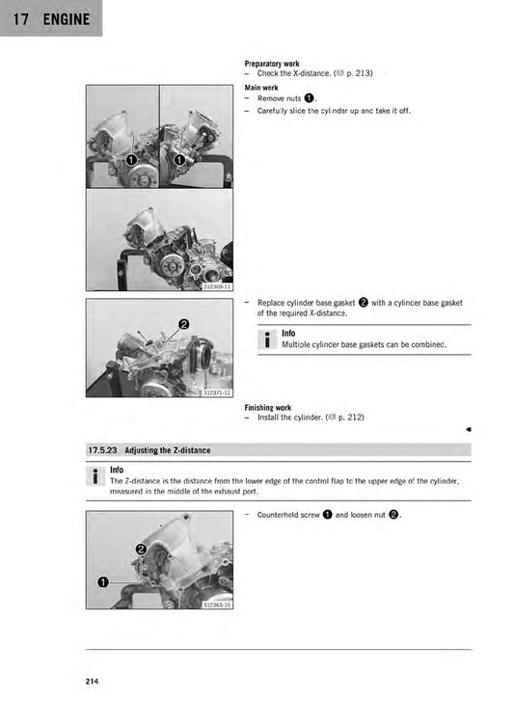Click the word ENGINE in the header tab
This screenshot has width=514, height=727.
[66, 19]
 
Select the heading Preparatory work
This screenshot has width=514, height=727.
[272, 64]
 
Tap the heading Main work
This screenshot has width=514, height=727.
[261, 87]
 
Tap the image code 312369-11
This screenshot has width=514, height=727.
[217, 286]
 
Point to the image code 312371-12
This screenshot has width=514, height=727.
[217, 392]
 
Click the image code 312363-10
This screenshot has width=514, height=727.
[217, 605]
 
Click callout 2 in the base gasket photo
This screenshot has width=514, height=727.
[183, 323]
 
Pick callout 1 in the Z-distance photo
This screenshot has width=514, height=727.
[102, 581]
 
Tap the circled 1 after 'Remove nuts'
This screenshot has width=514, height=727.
[309, 98]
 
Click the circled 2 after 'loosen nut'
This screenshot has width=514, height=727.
[393, 515]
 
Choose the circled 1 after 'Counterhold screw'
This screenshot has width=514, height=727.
[328, 515]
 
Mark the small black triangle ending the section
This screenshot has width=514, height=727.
[467, 428]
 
